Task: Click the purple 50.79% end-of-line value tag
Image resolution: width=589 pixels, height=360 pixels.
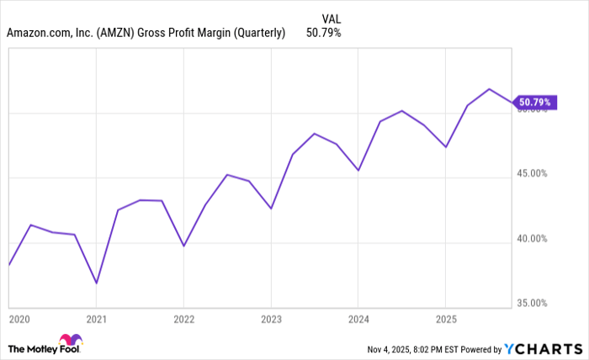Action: click(534, 103)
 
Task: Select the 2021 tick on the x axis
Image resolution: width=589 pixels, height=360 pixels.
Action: click(97, 319)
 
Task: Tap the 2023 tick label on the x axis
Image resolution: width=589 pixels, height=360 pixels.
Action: click(271, 319)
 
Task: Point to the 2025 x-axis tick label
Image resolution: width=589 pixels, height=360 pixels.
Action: click(445, 319)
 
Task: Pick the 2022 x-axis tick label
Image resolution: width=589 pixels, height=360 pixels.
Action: click(184, 319)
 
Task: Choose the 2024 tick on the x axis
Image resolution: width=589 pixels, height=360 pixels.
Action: click(358, 319)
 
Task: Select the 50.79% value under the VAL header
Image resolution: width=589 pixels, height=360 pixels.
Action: click(325, 34)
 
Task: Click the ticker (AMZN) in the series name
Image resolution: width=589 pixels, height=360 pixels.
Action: click(119, 34)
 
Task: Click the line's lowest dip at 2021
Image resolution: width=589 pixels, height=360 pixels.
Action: click(97, 283)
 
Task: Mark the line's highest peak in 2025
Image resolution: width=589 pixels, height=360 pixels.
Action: click(489, 88)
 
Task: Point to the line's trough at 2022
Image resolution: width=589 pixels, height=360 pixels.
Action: click(184, 246)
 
